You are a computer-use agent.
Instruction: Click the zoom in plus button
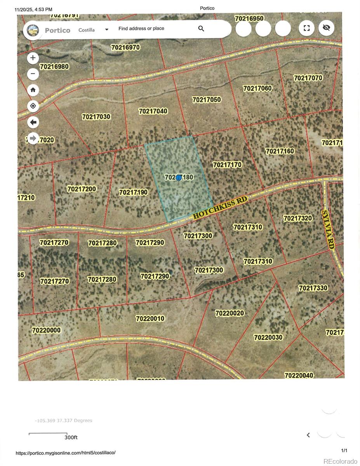click(x=33, y=58)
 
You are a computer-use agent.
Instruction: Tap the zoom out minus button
click(x=33, y=74)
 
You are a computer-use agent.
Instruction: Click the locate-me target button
click(x=33, y=106)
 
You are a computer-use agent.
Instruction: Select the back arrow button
click(x=33, y=122)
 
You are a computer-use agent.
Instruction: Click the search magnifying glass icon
click(x=201, y=28)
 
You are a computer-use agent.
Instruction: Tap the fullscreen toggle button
click(x=306, y=28)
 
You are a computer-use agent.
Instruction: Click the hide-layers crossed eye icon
click(x=326, y=28)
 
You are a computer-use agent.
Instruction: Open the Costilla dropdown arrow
click(x=107, y=30)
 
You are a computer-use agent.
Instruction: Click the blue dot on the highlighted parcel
click(x=179, y=177)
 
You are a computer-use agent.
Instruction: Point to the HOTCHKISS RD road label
click(x=220, y=208)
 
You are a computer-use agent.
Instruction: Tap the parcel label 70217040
click(x=153, y=111)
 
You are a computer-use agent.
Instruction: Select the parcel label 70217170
click(x=227, y=165)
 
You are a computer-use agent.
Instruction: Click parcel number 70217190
click(x=133, y=192)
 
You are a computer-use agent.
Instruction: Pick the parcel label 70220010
click(x=150, y=318)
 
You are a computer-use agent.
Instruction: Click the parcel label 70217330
click(x=313, y=288)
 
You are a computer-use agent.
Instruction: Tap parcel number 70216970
click(x=125, y=47)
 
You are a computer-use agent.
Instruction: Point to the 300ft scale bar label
click(x=71, y=437)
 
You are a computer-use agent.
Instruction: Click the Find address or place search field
click(x=155, y=28)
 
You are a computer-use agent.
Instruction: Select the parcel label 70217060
click(x=257, y=89)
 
